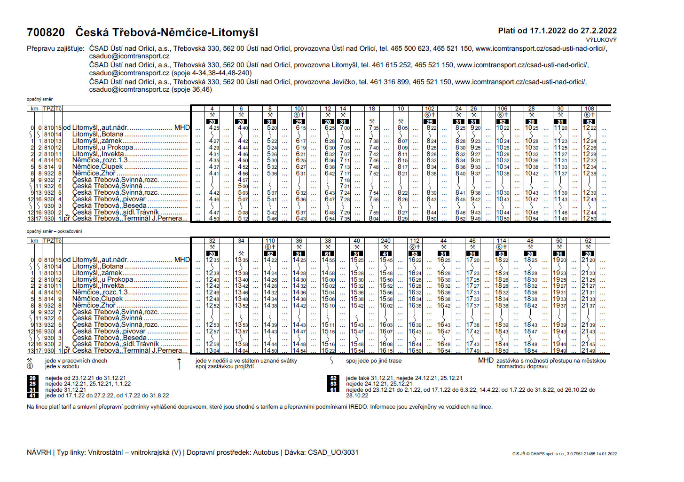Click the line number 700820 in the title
tap(46, 32)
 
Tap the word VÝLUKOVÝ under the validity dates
tap(601, 40)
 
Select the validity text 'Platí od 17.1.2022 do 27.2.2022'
tap(557, 31)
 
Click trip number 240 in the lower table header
tap(385, 241)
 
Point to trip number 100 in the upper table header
tap(299, 109)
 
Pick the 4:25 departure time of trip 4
tap(213, 128)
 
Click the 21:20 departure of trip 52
tap(588, 260)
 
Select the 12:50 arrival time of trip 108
tap(590, 219)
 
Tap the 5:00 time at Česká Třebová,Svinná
tap(243, 186)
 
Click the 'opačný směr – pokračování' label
tap(54, 231)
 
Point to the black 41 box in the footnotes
tap(32, 395)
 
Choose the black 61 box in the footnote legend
tap(333, 390)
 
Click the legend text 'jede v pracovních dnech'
tap(76, 361)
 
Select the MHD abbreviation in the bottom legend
tap(486, 361)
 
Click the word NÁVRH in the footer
tap(39, 452)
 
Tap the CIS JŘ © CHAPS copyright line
tap(564, 454)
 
